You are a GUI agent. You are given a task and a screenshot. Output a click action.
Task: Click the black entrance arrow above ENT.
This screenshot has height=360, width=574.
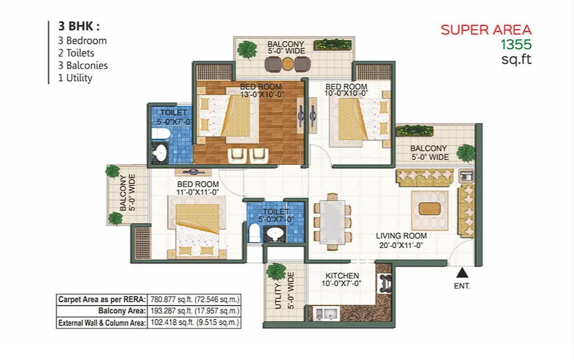(x=462, y=273)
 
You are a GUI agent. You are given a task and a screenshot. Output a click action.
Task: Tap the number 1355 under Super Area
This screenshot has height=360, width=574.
(x=516, y=45)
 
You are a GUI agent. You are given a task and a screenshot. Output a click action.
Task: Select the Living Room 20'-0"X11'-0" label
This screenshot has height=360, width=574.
(x=401, y=241)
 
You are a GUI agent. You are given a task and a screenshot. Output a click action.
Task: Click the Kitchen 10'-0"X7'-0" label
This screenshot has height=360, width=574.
(x=342, y=279)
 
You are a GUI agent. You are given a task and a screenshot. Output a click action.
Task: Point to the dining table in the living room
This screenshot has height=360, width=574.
(x=332, y=222)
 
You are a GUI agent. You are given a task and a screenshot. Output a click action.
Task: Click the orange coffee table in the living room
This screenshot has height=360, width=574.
(x=430, y=208)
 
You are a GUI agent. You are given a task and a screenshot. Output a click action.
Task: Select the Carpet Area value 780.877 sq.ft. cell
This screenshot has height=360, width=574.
(x=195, y=299)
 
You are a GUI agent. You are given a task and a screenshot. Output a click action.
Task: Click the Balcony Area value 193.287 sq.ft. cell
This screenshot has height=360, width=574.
(x=195, y=311)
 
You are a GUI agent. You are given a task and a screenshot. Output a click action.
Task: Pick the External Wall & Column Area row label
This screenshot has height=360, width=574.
(x=102, y=322)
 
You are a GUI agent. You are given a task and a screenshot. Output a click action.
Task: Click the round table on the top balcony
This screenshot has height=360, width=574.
(x=288, y=65)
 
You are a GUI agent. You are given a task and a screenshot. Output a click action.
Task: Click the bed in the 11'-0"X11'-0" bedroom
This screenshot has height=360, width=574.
(x=197, y=231)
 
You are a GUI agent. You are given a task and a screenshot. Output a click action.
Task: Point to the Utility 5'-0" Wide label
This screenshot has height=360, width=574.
(x=284, y=291)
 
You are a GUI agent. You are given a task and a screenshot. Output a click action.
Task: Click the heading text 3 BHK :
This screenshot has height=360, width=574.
(x=79, y=26)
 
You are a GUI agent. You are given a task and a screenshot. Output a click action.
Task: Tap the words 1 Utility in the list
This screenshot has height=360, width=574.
(x=75, y=78)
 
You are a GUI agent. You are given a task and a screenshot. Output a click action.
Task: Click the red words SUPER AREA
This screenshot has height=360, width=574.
(x=486, y=30)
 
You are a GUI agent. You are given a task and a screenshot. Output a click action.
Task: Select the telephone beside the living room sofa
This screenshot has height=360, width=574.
(x=466, y=176)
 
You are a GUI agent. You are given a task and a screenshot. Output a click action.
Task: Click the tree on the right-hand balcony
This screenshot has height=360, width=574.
(x=466, y=152)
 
